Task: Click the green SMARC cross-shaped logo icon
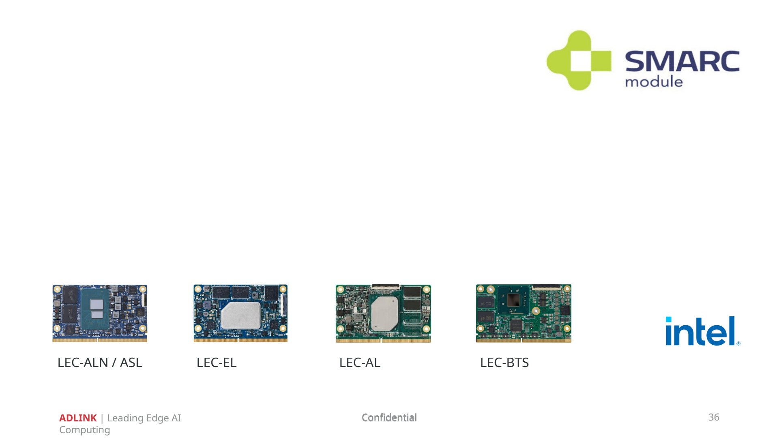(579, 60)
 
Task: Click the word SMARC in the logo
(682, 61)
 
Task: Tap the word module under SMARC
(654, 82)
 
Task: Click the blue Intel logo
(703, 331)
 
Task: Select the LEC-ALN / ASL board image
(100, 313)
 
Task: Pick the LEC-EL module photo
(240, 313)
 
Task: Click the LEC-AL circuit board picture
(383, 313)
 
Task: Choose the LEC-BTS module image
(524, 313)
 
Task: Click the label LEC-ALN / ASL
(100, 363)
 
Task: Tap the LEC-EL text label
(217, 363)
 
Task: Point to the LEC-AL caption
(360, 363)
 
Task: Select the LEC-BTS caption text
(504, 363)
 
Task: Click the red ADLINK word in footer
(78, 418)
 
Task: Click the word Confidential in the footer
(389, 417)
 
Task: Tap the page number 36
(714, 417)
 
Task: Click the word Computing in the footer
(84, 430)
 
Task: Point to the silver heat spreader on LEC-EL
(241, 315)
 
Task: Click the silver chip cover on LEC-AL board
(384, 313)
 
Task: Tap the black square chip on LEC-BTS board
(513, 301)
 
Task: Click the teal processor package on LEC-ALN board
(95, 309)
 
